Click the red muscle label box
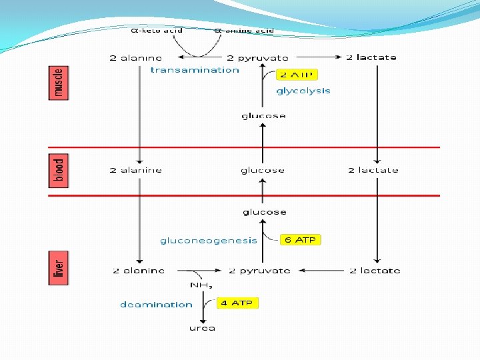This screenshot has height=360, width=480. (59, 83)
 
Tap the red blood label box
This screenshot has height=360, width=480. (59, 171)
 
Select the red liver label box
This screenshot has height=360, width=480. (59, 268)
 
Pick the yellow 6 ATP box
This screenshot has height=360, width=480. (299, 239)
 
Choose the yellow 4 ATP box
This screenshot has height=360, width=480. (237, 303)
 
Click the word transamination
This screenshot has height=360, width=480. (195, 70)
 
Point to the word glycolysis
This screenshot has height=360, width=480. (303, 91)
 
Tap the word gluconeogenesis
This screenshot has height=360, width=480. (209, 241)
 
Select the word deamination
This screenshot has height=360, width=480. (156, 305)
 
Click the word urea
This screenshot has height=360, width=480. (202, 328)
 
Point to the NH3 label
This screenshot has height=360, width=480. (201, 285)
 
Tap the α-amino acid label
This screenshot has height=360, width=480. (243, 30)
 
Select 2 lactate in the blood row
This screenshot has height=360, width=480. (373, 170)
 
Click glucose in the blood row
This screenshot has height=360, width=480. (263, 170)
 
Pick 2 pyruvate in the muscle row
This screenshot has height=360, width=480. (258, 57)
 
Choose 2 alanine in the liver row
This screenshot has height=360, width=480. (139, 271)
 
